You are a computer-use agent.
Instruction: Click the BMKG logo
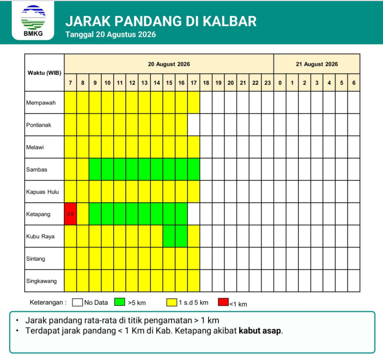click(x=33, y=20)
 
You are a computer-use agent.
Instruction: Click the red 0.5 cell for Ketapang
click(x=70, y=214)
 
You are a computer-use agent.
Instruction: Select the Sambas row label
click(x=36, y=170)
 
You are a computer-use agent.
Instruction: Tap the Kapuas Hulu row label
click(x=42, y=192)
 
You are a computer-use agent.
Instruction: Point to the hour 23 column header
click(x=268, y=83)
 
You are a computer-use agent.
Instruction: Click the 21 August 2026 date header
click(x=317, y=64)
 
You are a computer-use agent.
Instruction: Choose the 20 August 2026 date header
click(x=169, y=64)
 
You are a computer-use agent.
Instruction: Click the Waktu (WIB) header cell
click(x=45, y=73)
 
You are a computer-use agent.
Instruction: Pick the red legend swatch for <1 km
click(x=223, y=302)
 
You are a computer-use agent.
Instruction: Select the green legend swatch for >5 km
click(x=120, y=302)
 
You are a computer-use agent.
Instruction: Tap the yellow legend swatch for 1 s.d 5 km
click(x=172, y=303)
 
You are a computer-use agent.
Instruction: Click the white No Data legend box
click(x=77, y=303)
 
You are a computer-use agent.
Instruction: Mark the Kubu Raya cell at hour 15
click(x=169, y=236)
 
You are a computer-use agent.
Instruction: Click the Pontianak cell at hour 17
click(x=194, y=125)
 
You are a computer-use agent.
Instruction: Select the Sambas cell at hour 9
click(x=95, y=169)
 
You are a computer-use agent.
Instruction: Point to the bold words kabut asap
click(x=260, y=330)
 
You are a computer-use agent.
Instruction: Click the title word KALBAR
click(x=230, y=21)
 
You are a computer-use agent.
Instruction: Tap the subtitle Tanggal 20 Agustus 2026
click(x=111, y=34)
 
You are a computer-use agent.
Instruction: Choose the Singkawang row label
click(x=41, y=281)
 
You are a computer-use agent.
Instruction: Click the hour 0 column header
click(x=280, y=83)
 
